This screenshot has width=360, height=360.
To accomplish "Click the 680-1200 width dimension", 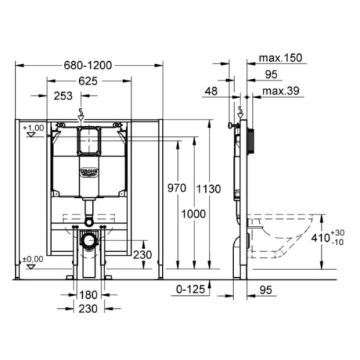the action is (88, 66).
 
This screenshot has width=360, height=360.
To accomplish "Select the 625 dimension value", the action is (88, 81).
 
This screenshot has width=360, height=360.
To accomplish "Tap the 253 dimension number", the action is (63, 96).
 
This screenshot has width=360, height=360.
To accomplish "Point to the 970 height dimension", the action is (176, 188).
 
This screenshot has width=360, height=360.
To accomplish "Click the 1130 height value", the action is (209, 189).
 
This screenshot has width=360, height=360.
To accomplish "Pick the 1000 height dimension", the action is (194, 214).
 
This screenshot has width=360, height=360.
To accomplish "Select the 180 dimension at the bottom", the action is (88, 294).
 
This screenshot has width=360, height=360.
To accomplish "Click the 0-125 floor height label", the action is (191, 289).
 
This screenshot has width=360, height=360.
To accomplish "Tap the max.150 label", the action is (280, 58).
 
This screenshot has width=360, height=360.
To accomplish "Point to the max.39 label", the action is (281, 91).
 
